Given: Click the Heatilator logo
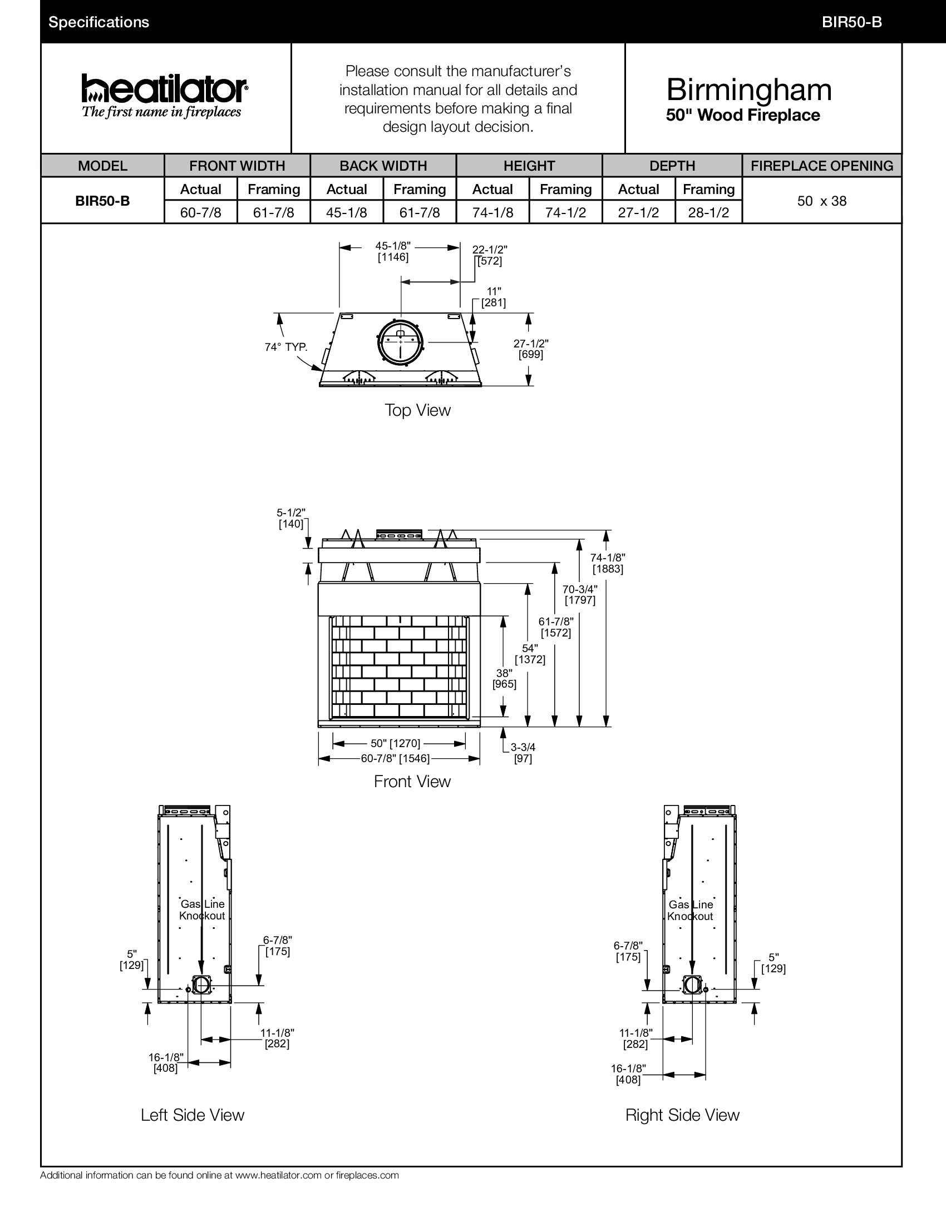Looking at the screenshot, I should pyautogui.click(x=164, y=95).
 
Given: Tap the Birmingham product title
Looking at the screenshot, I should pyautogui.click(x=748, y=90).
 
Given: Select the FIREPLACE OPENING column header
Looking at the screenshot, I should pyautogui.click(x=821, y=166).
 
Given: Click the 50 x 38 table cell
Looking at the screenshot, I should pyautogui.click(x=821, y=201).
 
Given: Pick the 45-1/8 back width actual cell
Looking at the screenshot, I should pyautogui.click(x=346, y=213).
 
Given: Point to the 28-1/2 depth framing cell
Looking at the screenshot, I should pyautogui.click(x=708, y=213).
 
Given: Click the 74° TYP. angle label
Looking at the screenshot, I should pyautogui.click(x=286, y=347).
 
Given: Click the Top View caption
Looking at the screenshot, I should pyautogui.click(x=417, y=410).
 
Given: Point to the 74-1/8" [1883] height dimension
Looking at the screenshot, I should pyautogui.click(x=608, y=563).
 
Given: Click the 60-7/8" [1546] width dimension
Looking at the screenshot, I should pyautogui.click(x=395, y=759).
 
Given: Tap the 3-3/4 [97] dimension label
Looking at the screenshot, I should pyautogui.click(x=523, y=753).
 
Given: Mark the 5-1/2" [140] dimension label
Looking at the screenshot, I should pyautogui.click(x=291, y=519).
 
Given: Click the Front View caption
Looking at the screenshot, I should pyautogui.click(x=412, y=782).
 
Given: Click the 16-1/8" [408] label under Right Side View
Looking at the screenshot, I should pyautogui.click(x=628, y=1074).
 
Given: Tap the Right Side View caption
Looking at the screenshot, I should pyautogui.click(x=682, y=1115).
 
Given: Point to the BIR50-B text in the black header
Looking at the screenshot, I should pyautogui.click(x=852, y=22).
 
